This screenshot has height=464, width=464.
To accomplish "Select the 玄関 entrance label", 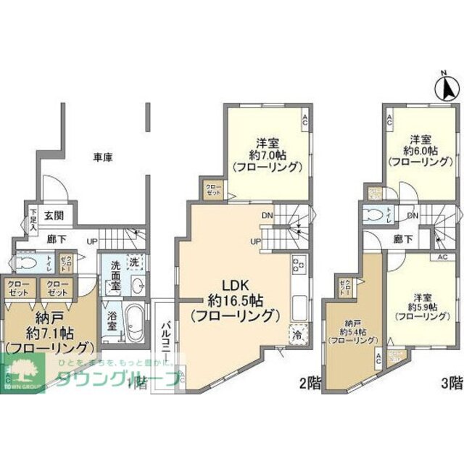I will click(52, 215).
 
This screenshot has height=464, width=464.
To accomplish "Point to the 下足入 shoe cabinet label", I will click(33, 220).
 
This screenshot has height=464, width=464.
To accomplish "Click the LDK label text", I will click(234, 286).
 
